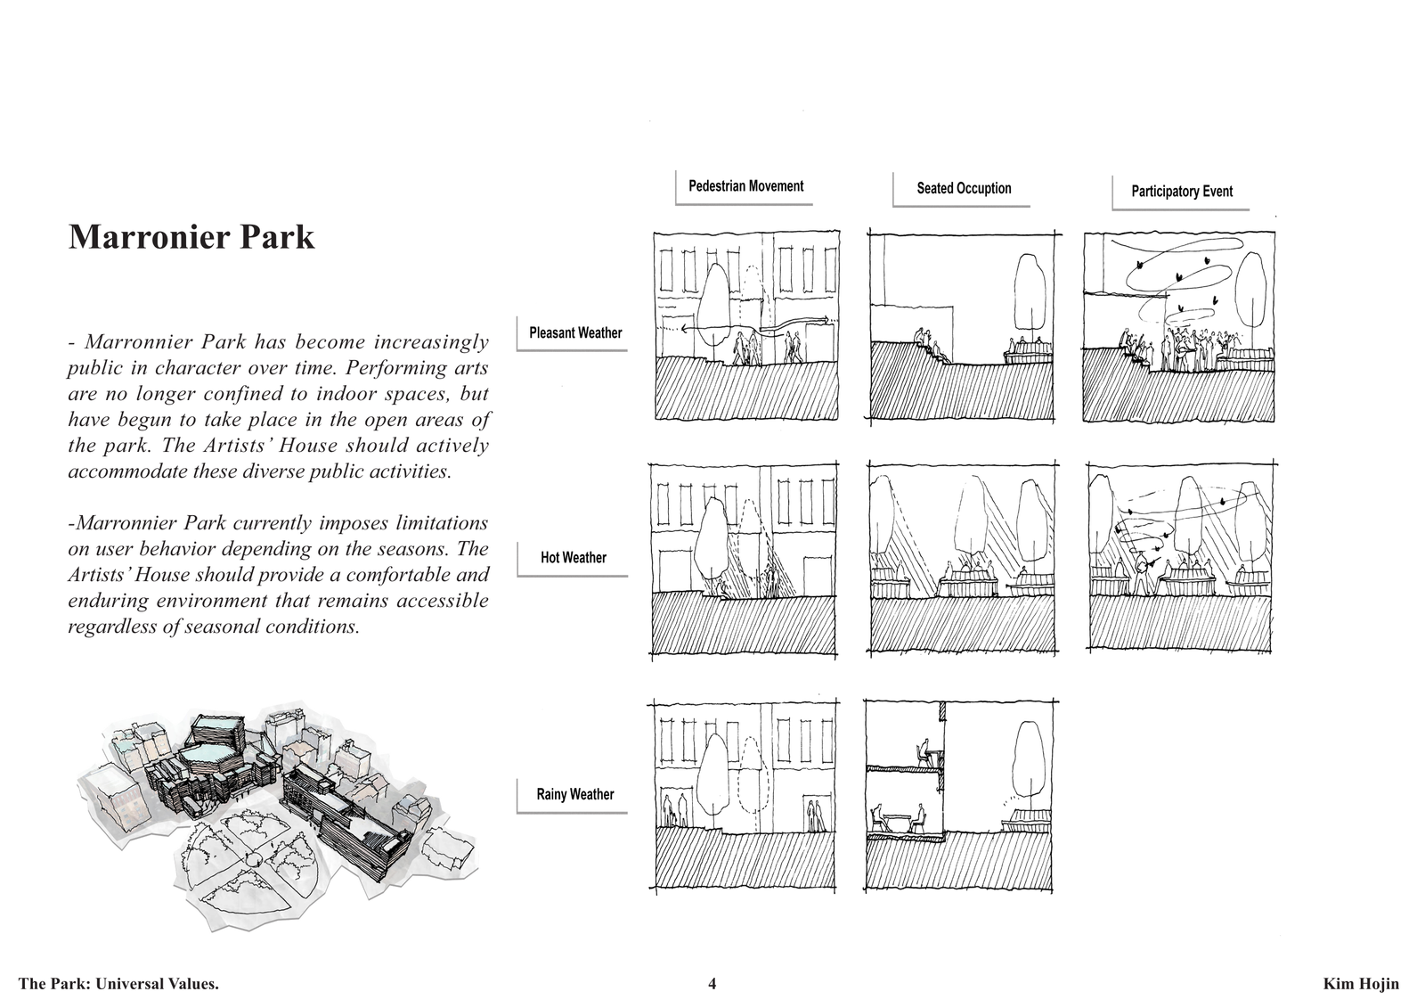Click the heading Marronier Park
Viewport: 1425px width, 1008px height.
[191, 237]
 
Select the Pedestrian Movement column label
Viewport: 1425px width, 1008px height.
[745, 186]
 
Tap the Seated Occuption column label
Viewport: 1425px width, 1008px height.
[964, 188]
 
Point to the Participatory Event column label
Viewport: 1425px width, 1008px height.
[1181, 191]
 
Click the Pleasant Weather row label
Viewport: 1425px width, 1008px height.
[575, 333]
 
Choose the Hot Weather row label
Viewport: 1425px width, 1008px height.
[574, 558]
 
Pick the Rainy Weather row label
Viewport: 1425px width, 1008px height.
[575, 795]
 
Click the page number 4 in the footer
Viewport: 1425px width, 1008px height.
[712, 984]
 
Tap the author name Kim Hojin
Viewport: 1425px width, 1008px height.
[1361, 984]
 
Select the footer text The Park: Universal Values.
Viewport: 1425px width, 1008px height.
[119, 984]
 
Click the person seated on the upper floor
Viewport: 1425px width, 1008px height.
[922, 753]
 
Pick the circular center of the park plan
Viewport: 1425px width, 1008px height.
[255, 858]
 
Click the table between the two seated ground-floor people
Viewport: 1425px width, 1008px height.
[896, 818]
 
